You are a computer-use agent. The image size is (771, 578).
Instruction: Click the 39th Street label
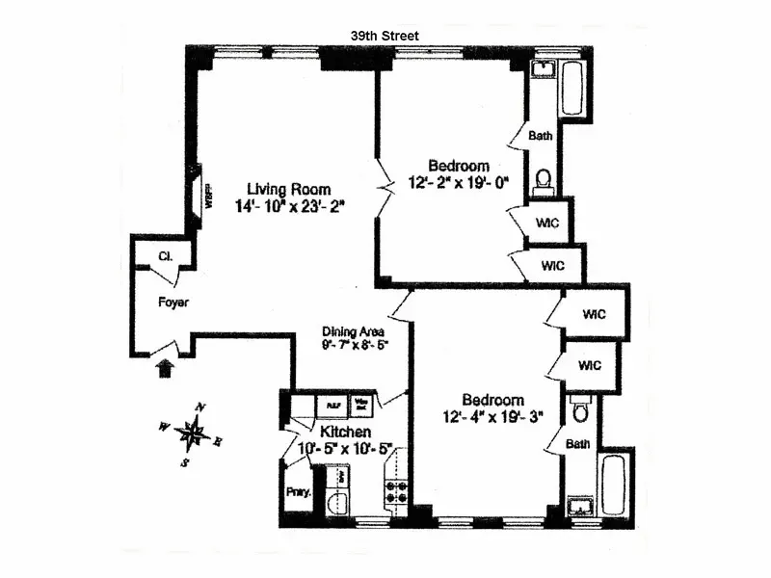[x=385, y=36]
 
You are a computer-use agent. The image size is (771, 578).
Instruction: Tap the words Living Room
[x=288, y=189]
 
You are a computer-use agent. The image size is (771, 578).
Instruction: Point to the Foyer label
[x=173, y=302]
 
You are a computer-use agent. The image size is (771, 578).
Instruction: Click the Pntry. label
[x=297, y=491]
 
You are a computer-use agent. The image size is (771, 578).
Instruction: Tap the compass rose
[x=194, y=434]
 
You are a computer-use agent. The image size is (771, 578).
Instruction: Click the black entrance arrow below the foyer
[x=165, y=367]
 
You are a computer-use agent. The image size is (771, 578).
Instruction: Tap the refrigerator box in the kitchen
[x=332, y=406]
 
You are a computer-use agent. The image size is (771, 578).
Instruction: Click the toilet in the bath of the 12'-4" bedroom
[x=579, y=412]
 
